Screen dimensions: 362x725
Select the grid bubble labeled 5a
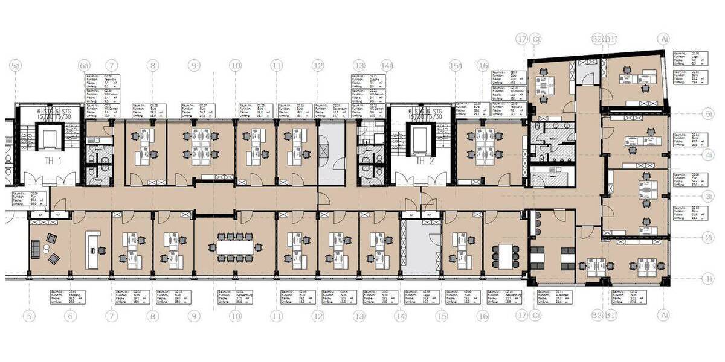coord(16,65)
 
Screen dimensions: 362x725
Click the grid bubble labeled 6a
coord(85,65)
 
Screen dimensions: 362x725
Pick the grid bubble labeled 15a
coord(457,65)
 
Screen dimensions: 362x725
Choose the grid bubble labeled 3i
coord(709,195)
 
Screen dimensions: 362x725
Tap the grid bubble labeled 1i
coord(709,278)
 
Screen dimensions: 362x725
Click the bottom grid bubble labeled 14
coord(401,315)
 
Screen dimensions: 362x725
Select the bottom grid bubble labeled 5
coord(30,315)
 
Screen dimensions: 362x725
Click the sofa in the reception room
coord(35,248)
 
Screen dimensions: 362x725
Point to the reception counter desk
coord(92,250)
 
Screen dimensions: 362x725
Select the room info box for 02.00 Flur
coord(24,198)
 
